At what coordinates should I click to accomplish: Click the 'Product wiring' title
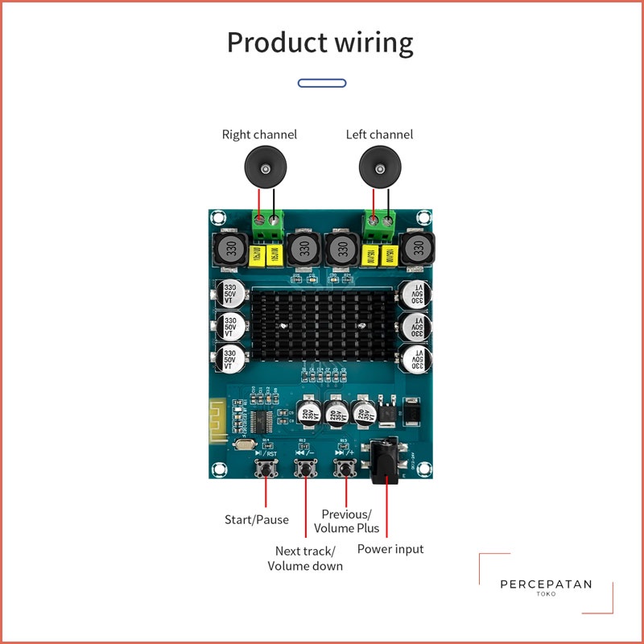point(320,43)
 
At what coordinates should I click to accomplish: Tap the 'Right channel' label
point(259,134)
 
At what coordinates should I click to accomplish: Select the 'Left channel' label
point(379,134)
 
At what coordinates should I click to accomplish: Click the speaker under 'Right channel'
point(266,167)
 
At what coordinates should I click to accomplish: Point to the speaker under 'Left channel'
point(380,167)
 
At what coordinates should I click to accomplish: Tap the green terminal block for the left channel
point(381,224)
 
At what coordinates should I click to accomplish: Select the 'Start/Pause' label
point(256,519)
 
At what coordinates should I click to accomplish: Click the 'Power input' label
point(390,549)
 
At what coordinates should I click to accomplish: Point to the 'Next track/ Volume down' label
point(305,558)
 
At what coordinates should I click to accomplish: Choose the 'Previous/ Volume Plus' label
point(349,521)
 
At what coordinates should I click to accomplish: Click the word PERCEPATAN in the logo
point(546,584)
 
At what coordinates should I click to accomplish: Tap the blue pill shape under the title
point(322,83)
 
